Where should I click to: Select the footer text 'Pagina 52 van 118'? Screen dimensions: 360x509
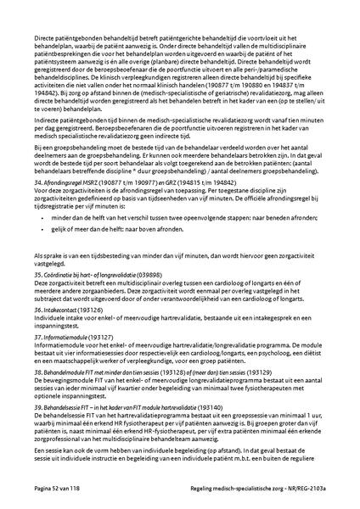tap(59, 491)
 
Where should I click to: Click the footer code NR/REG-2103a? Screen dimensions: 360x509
tap(303, 491)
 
